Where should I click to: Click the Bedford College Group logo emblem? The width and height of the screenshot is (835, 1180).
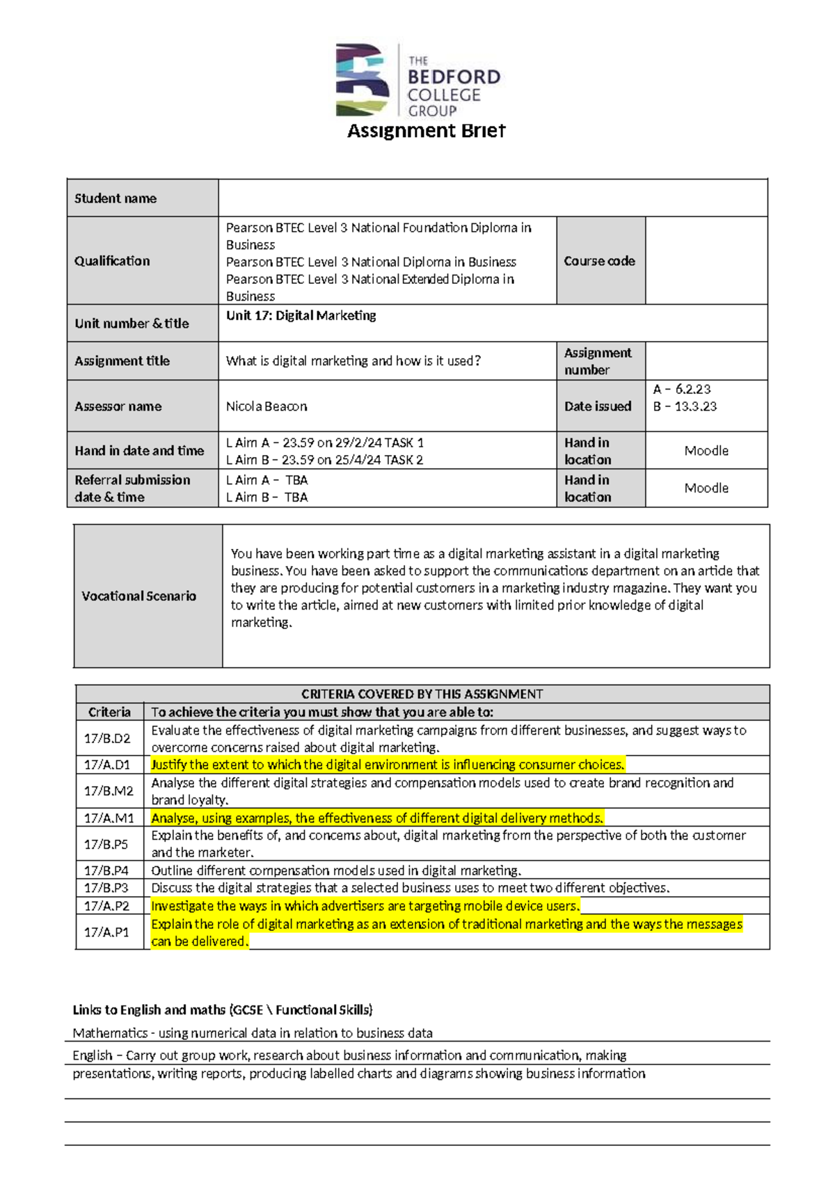tap(362, 80)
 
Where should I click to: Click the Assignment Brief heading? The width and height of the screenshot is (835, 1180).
tap(426, 131)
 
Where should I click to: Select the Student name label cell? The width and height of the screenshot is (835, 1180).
tap(116, 198)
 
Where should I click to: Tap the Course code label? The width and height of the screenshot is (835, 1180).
tap(599, 261)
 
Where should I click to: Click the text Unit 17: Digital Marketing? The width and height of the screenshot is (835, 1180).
tap(301, 316)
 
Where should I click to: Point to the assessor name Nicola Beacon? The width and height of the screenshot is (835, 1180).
tap(267, 406)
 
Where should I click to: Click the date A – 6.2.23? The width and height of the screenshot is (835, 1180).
tap(682, 390)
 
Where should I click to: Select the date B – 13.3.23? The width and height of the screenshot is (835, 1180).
tap(685, 406)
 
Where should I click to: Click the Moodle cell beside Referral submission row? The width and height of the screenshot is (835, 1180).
tap(706, 488)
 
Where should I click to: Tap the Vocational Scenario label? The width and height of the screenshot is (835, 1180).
tap(139, 596)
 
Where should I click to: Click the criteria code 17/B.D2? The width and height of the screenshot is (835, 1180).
tap(107, 738)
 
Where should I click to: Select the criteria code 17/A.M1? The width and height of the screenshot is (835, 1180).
tap(109, 818)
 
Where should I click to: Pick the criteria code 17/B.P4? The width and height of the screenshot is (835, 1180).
tap(106, 870)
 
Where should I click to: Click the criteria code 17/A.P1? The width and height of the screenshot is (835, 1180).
tap(106, 932)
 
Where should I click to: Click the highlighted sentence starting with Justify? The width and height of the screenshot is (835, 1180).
tap(388, 765)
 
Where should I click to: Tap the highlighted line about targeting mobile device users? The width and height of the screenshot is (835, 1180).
tap(365, 906)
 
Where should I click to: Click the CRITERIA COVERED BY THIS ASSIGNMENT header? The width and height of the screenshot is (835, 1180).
tap(422, 694)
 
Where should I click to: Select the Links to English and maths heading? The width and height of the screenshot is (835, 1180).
tap(223, 1010)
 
